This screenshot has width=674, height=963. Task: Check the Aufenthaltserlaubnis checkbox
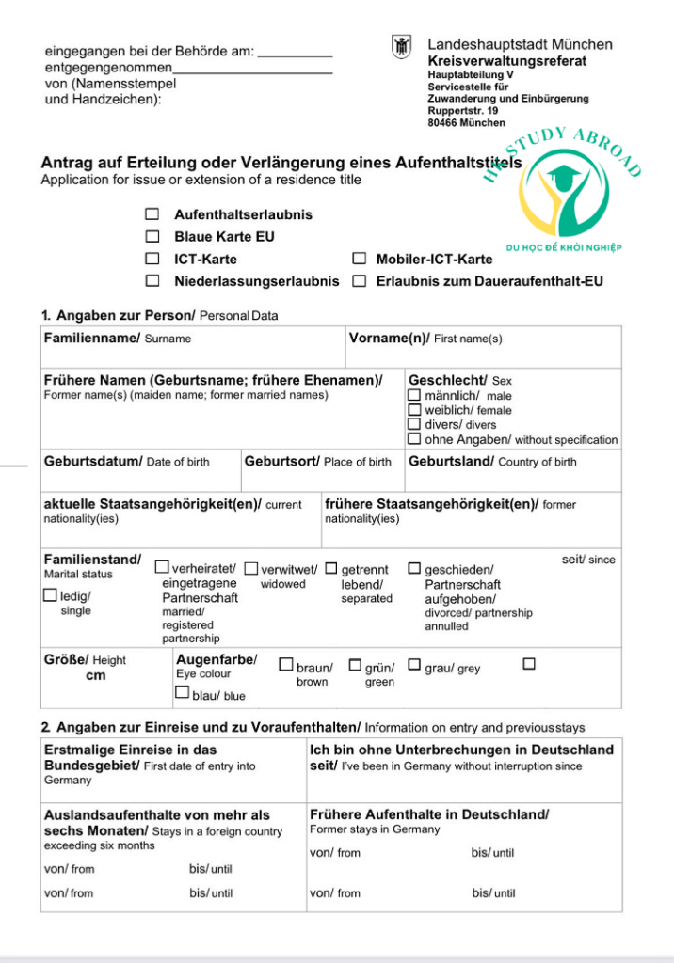click(152, 214)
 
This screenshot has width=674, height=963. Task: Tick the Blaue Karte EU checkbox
click(152, 237)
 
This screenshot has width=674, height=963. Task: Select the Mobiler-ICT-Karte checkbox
click(359, 259)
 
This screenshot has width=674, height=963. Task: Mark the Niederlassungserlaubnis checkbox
click(152, 280)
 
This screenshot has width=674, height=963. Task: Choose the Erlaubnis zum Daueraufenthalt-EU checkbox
click(359, 280)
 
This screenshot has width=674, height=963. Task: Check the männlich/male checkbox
click(414, 396)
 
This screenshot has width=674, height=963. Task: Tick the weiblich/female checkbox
click(414, 410)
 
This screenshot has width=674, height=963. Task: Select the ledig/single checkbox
click(50, 594)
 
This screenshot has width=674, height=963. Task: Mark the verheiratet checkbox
click(162, 568)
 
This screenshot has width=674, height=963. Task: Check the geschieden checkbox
click(414, 568)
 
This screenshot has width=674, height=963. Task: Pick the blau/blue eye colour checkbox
click(183, 692)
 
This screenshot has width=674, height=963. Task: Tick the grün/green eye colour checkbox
click(355, 665)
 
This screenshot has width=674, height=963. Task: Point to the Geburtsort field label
click(281, 462)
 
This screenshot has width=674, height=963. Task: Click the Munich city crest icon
click(402, 47)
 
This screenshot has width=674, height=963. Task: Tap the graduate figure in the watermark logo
click(563, 179)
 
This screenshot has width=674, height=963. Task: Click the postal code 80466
click(443, 123)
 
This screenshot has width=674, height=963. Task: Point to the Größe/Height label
click(66, 660)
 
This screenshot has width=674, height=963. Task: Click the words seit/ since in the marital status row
click(588, 560)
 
